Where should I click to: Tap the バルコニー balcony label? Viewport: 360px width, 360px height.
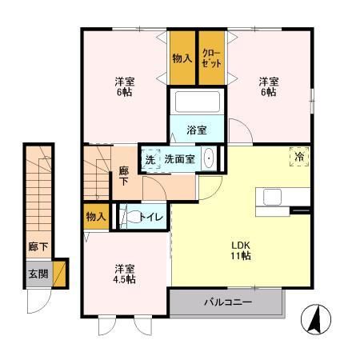(x=227, y=303)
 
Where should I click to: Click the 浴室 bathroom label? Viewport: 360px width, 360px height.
(x=198, y=130)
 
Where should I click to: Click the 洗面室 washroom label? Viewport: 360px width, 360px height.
(x=179, y=159)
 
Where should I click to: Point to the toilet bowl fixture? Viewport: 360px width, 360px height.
(x=126, y=215)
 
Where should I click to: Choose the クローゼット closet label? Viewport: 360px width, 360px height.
(x=213, y=58)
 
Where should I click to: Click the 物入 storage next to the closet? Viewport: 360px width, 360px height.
(x=182, y=58)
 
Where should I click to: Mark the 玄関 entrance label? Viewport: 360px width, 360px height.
(x=38, y=274)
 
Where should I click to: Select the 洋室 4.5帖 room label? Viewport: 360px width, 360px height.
(x=123, y=274)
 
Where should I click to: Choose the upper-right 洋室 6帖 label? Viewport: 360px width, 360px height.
(x=268, y=86)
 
